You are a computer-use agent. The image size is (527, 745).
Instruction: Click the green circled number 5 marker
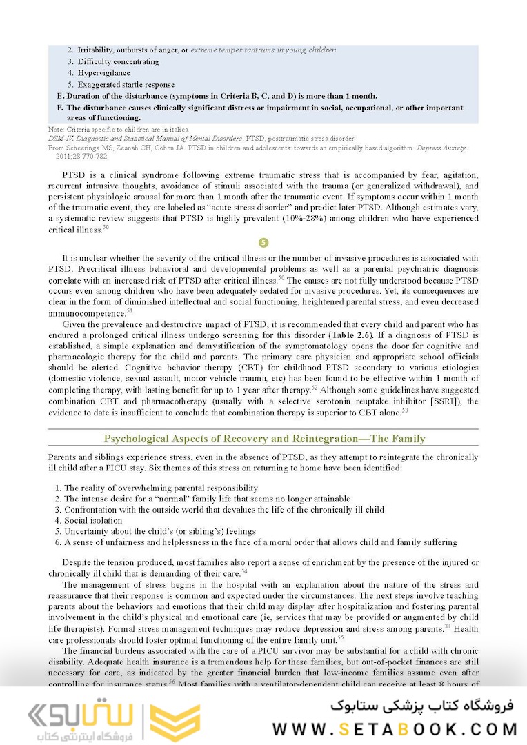(263, 243)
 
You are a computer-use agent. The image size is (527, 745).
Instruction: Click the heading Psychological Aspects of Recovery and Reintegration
(263, 439)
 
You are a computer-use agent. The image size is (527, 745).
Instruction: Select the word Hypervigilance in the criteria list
(103, 73)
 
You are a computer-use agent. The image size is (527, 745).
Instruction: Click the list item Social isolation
(93, 521)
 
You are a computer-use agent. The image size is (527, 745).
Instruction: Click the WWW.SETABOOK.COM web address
(395, 728)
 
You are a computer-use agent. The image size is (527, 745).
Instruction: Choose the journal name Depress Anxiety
(443, 148)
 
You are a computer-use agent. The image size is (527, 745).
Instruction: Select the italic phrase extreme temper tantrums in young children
(263, 50)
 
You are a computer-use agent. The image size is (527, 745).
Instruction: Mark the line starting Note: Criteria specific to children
(123, 129)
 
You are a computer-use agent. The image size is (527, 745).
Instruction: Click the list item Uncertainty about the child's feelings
(159, 531)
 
